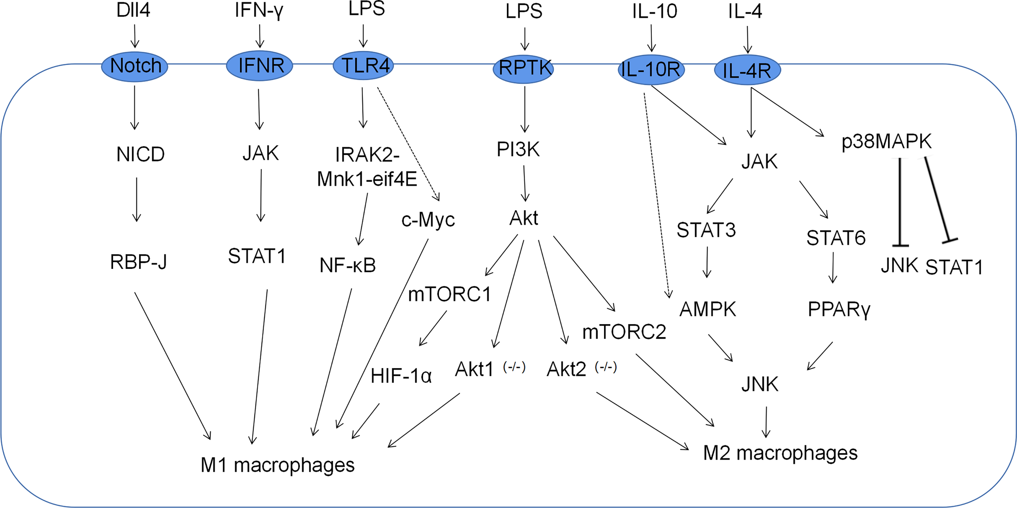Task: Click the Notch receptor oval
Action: click(135, 66)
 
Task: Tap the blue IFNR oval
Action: click(260, 65)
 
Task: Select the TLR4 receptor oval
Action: click(363, 65)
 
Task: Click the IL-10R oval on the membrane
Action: click(651, 70)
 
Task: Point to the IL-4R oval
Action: click(747, 70)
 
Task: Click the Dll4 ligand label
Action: click(133, 10)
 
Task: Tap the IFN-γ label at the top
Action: click(259, 10)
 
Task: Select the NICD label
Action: click(140, 154)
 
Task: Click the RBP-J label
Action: click(138, 262)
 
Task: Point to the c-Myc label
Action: click(428, 220)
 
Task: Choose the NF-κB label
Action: click(348, 265)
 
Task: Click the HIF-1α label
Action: click(401, 376)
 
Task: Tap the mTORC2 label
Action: click(624, 332)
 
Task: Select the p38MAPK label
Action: click(886, 142)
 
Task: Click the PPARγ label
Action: click(839, 310)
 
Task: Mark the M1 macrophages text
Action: click(277, 465)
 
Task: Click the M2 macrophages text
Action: click(780, 453)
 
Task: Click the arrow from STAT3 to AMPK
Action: click(707, 262)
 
